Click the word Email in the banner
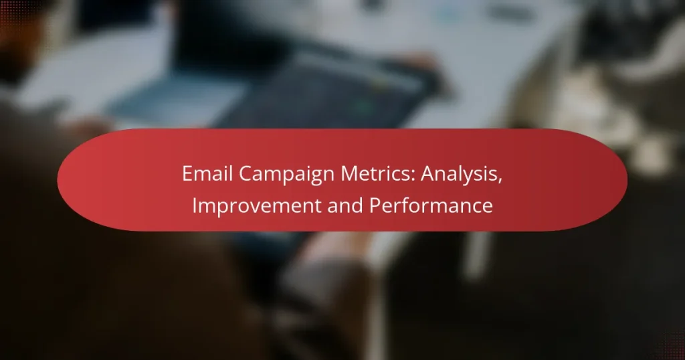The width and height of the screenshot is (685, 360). pos(203,175)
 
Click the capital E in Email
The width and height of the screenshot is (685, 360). pos(186,175)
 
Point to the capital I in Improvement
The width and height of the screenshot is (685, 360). pos(195,206)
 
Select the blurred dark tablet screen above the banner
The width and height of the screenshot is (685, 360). pos(321,94)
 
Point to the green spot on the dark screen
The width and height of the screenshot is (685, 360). pos(365,105)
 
